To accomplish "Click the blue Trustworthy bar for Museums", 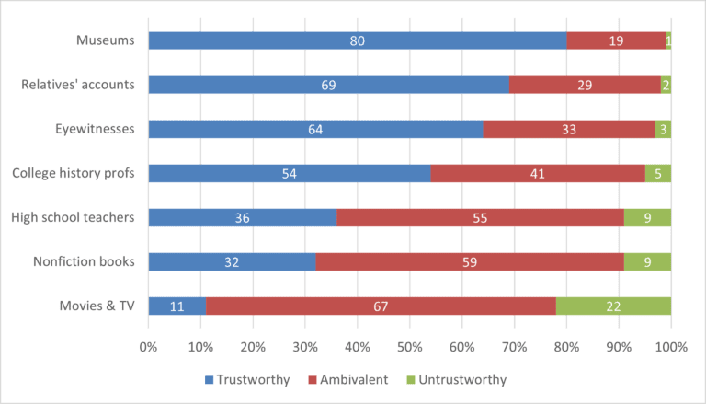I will [x=357, y=40].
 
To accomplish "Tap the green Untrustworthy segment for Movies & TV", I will [x=613, y=306].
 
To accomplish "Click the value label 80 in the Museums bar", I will [x=357, y=40].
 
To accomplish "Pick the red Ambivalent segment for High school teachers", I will [x=480, y=217].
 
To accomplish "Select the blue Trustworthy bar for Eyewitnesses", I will [x=315, y=129].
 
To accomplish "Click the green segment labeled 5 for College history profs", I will [x=657, y=173].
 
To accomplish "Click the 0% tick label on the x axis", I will [x=148, y=348].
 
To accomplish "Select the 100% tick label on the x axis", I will [x=671, y=348].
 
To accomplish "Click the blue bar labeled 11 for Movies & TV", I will [x=176, y=306].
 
